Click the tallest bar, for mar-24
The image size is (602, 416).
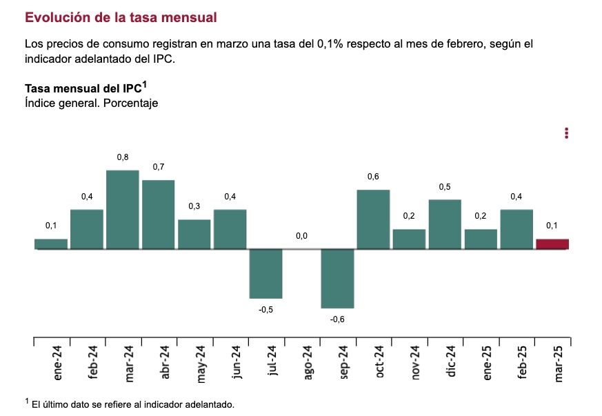123,209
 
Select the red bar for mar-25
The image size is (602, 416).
552,244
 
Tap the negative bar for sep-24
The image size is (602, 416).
337,278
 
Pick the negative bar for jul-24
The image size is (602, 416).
265,273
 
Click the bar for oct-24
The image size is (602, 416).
373,219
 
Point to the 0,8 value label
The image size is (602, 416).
123,158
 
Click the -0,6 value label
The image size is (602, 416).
337,319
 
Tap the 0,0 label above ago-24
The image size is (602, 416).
301,236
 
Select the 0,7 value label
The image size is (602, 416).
159,167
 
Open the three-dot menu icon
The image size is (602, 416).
566,133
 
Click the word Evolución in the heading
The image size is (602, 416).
54,16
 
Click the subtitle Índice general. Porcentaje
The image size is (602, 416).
92,103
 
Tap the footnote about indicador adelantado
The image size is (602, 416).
131,404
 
